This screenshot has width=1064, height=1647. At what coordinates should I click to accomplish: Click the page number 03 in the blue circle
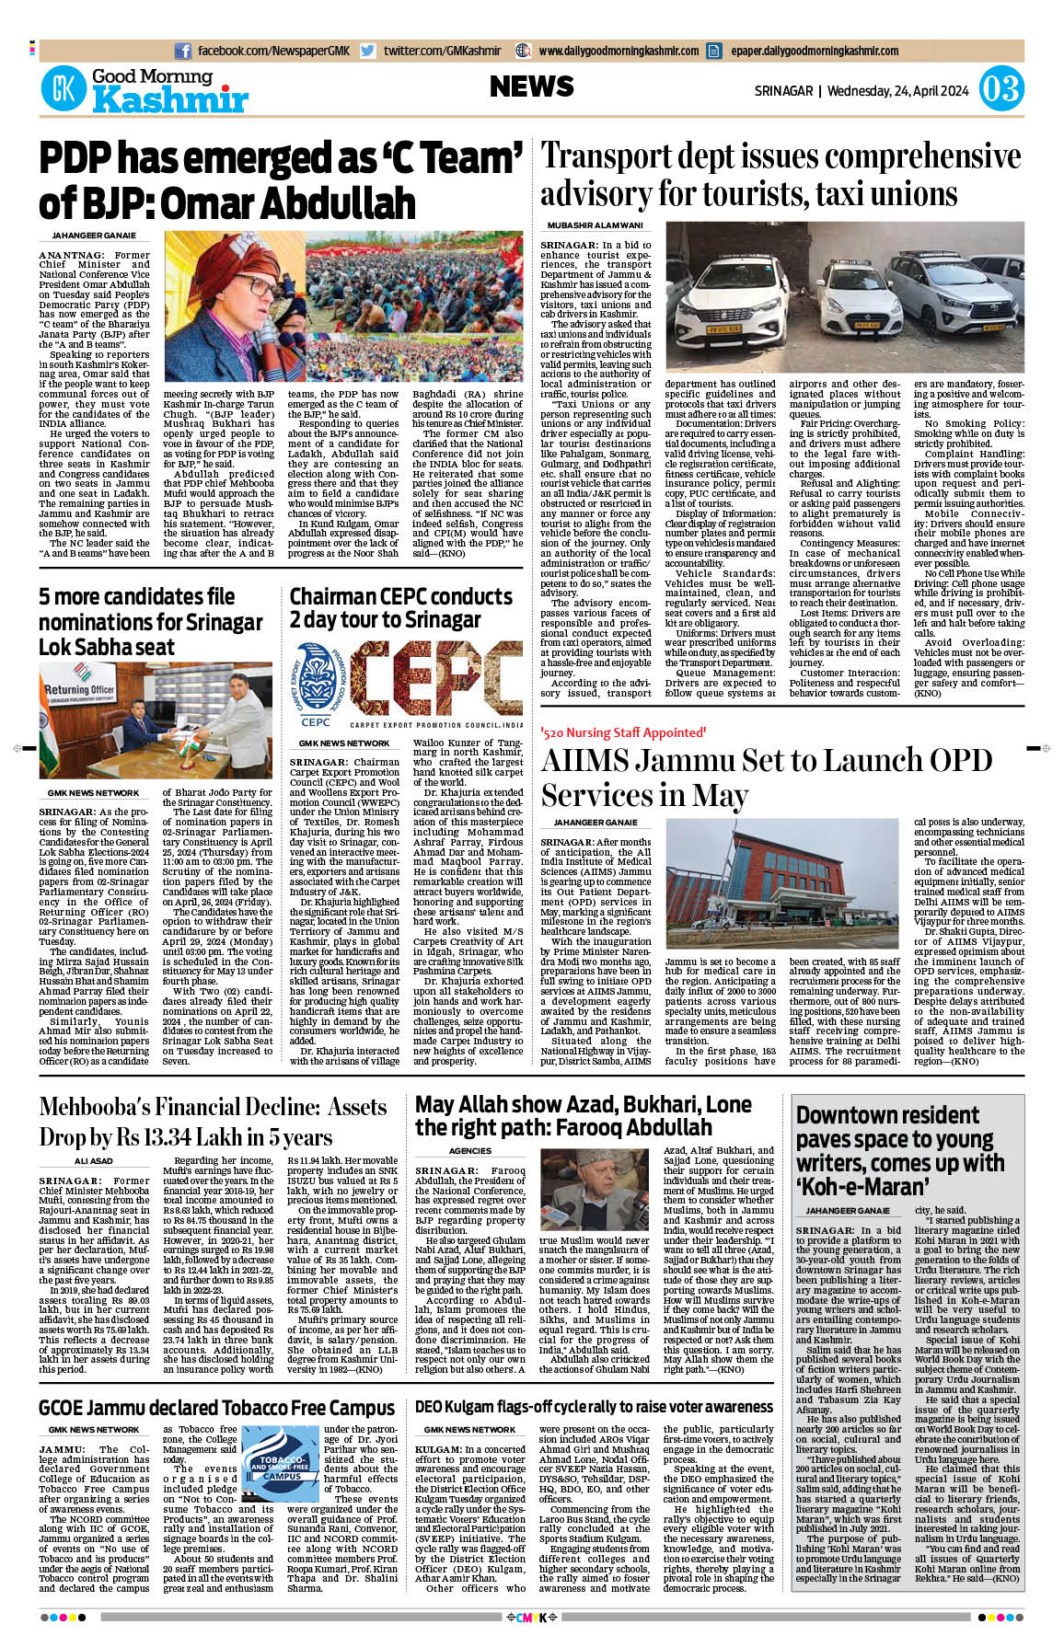coord(1000,89)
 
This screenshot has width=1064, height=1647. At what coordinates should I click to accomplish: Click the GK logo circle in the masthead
coord(64,90)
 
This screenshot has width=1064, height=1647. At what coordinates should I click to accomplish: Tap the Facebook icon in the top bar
coord(182,51)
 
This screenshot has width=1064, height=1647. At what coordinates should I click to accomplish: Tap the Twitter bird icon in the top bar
coord(368,51)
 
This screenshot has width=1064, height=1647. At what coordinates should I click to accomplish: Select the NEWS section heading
coord(531,86)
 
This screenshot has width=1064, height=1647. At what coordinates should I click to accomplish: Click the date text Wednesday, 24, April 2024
coord(897,91)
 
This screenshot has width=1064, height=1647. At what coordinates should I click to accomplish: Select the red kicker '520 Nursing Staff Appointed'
coord(623,732)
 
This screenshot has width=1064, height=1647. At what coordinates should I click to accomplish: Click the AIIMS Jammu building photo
coord(781,884)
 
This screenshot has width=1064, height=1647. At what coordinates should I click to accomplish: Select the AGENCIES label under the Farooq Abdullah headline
coord(469,1151)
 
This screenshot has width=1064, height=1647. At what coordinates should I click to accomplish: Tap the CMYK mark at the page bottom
coord(532,1617)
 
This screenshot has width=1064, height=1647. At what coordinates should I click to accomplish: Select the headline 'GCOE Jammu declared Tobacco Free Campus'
coord(216,1408)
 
